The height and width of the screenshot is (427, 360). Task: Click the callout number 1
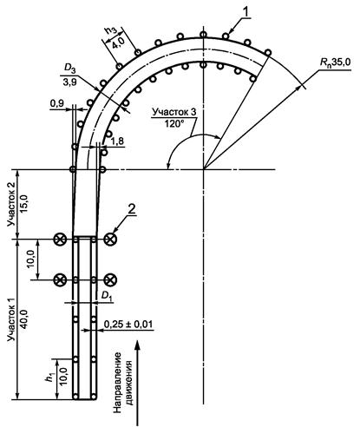point(245,12)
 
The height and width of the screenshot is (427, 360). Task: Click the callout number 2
point(132,210)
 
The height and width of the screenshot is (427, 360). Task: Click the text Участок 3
point(174,113)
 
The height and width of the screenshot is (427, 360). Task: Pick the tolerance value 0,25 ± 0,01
point(128,325)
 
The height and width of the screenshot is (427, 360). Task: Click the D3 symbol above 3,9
point(69,69)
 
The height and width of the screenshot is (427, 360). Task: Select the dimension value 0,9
point(56,104)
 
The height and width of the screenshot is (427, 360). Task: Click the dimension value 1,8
point(118,141)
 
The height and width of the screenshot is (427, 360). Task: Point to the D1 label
point(107,296)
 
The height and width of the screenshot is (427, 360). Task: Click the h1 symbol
point(51,377)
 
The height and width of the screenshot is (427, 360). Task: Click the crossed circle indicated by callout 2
point(110,239)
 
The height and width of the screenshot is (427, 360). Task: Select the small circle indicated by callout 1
point(226,36)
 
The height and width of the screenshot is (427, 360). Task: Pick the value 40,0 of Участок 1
point(24,320)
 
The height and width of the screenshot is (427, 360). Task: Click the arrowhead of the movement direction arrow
point(139,345)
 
